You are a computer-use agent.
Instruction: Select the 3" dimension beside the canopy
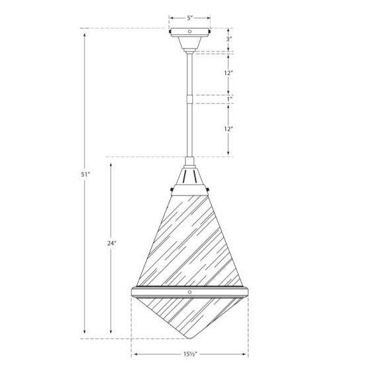[229, 39]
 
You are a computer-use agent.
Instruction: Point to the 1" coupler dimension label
[229, 99]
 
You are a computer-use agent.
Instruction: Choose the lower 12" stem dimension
[229, 129]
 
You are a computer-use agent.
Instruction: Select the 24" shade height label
[111, 243]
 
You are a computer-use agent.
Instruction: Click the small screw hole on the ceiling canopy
[189, 31]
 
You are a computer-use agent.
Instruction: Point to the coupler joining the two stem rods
[190, 99]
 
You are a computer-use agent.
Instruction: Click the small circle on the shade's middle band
[189, 292]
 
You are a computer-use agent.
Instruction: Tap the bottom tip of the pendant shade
[189, 338]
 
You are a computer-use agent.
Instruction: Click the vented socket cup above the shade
[189, 177]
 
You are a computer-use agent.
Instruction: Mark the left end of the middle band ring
[133, 293]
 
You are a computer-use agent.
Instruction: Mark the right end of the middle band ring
[246, 293]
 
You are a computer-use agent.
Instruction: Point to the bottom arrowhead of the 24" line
[111, 335]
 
